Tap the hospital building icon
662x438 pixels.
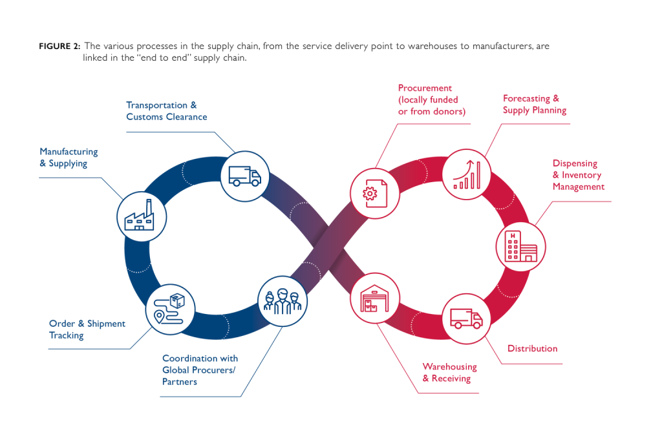pyautogui.click(x=520, y=246)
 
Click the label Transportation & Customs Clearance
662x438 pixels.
pyautogui.click(x=166, y=111)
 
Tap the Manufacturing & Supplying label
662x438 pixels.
pyautogui.click(x=69, y=158)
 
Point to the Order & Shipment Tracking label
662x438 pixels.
pyautogui.click(x=87, y=329)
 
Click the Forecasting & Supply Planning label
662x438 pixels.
pyautogui.click(x=534, y=105)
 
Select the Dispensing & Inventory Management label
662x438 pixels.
pyautogui.click(x=578, y=175)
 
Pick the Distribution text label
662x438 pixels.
pyautogui.click(x=531, y=349)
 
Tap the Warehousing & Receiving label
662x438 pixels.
pyautogui.click(x=449, y=373)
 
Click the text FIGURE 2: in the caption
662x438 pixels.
pyautogui.click(x=59, y=47)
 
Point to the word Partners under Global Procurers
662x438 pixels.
pyautogui.click(x=179, y=382)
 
